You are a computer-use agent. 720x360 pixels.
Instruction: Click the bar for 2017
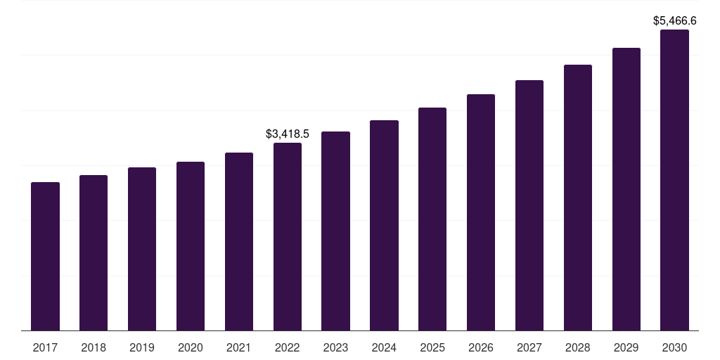tap(45, 256)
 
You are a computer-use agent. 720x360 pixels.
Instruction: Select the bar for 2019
tap(142, 249)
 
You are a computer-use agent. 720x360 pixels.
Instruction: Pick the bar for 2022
tap(288, 236)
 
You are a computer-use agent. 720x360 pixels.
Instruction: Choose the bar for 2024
tap(384, 225)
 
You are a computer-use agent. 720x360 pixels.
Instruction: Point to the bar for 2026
tap(481, 212)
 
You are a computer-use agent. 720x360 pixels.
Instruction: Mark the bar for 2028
tap(578, 198)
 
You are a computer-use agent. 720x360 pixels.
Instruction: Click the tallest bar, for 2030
tap(674, 180)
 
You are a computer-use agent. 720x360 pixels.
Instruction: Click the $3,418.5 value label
tap(288, 134)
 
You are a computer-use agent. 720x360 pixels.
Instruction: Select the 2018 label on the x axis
tap(94, 347)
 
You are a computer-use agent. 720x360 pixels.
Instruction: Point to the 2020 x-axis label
tap(191, 347)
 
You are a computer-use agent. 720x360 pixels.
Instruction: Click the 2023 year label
tap(335, 347)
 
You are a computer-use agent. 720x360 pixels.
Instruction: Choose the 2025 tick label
tap(432, 347)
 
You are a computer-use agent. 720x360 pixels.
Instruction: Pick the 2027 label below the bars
tap(529, 347)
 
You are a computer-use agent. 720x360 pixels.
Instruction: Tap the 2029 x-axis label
tap(626, 347)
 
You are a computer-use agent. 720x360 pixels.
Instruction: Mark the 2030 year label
tap(674, 347)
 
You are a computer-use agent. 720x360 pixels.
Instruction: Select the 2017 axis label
tap(45, 347)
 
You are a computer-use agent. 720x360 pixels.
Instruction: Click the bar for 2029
tap(626, 189)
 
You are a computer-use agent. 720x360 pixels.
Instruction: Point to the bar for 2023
tap(335, 231)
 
